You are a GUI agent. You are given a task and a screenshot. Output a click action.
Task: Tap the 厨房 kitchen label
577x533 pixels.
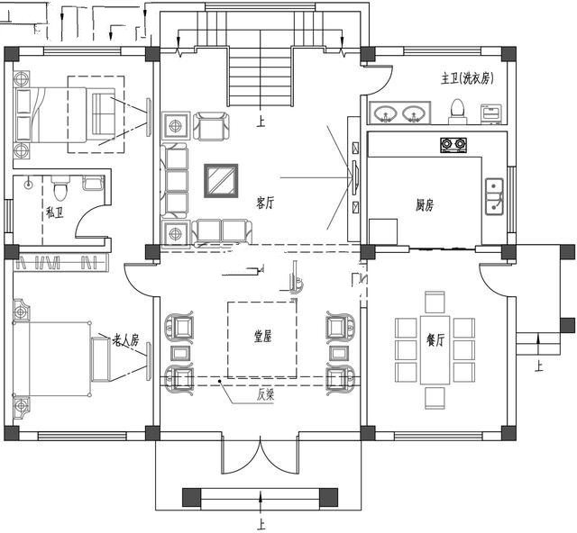click(425, 206)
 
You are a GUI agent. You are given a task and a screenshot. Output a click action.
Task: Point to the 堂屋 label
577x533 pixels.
click(263, 338)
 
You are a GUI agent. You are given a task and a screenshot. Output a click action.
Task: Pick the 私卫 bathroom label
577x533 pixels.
click(54, 213)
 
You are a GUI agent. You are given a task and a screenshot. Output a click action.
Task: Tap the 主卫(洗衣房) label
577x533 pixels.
click(464, 79)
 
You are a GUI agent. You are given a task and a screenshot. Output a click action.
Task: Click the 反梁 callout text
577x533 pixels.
click(266, 394)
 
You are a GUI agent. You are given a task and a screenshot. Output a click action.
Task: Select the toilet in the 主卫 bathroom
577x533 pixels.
click(457, 111)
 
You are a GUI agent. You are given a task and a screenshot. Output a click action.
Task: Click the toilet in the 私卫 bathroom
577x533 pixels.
click(60, 189)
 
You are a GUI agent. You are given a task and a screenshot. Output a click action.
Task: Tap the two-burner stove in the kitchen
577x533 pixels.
click(453, 144)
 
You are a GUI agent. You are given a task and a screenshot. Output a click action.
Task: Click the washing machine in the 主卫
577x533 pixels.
click(491, 113)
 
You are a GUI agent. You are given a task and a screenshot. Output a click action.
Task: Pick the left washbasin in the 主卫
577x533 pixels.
click(386, 113)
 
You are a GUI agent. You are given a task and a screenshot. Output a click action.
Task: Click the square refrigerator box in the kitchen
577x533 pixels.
click(383, 231)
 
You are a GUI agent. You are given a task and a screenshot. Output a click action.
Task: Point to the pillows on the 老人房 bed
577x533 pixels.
click(21, 360)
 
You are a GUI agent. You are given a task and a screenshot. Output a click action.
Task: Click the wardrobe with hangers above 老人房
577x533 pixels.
click(60, 262)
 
